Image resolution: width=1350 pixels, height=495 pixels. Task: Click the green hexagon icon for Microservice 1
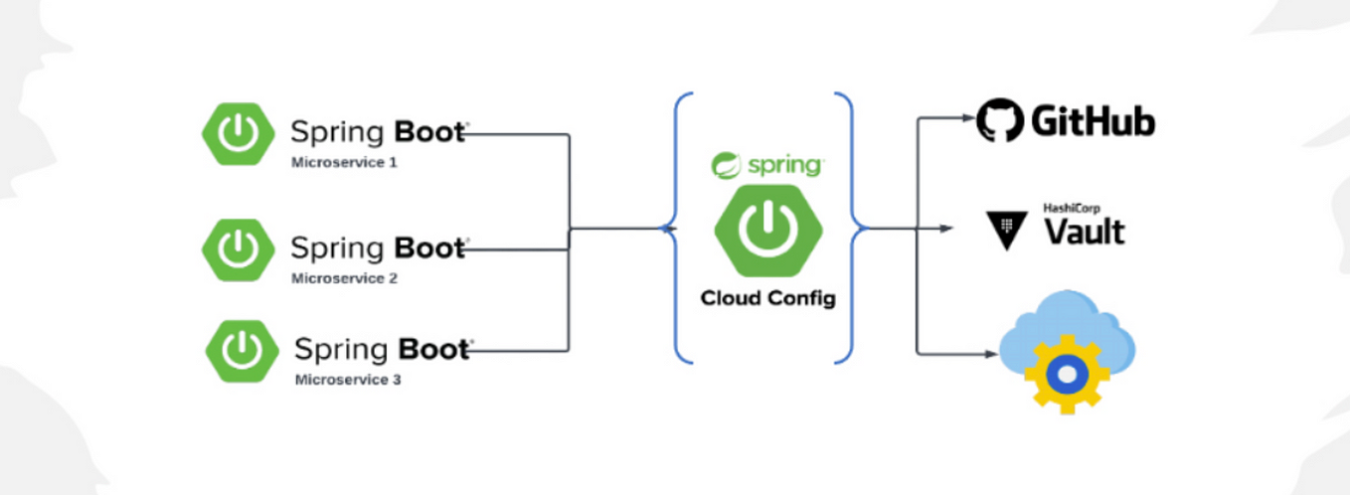pyautogui.click(x=239, y=133)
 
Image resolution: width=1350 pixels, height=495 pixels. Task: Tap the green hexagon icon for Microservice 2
pyautogui.click(x=239, y=248)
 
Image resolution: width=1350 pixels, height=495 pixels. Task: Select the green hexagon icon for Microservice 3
pyautogui.click(x=242, y=351)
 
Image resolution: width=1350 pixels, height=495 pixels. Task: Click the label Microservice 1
pyautogui.click(x=344, y=162)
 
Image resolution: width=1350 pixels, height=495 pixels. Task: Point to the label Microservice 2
pyautogui.click(x=344, y=278)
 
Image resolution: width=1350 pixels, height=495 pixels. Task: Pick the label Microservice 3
pyautogui.click(x=348, y=380)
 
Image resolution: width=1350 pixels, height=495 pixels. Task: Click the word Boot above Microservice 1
pyautogui.click(x=429, y=132)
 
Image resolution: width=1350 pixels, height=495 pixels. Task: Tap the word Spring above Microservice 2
pyautogui.click(x=337, y=248)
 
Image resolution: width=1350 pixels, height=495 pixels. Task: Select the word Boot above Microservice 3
pyautogui.click(x=433, y=350)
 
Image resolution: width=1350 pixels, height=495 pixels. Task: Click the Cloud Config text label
pyautogui.click(x=767, y=297)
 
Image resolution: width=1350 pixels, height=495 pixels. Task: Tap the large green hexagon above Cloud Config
pyautogui.click(x=766, y=231)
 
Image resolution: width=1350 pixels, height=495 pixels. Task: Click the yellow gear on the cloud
pyautogui.click(x=1066, y=374)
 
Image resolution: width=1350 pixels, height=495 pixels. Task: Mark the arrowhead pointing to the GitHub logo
pyautogui.click(x=970, y=117)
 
